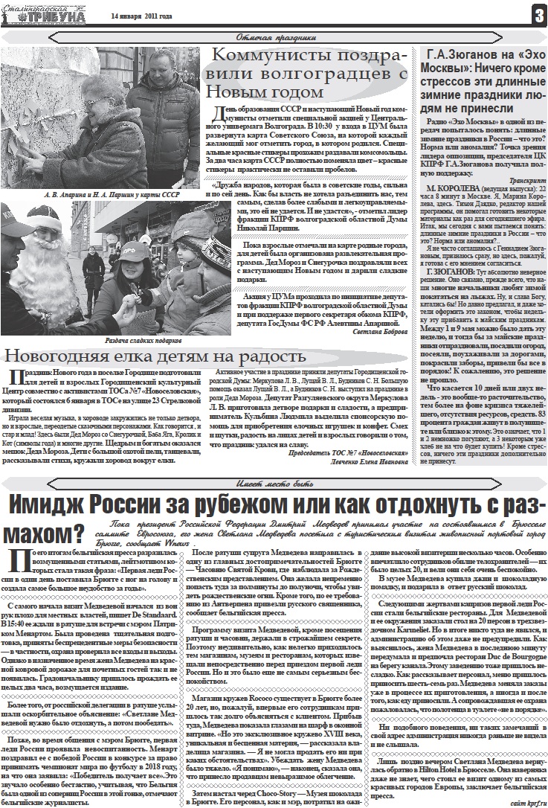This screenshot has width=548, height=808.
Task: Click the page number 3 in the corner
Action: pyautogui.click(x=538, y=14)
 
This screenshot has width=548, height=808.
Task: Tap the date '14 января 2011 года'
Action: pyautogui.click(x=141, y=16)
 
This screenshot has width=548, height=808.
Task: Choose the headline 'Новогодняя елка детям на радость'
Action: pyautogui.click(x=155, y=356)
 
